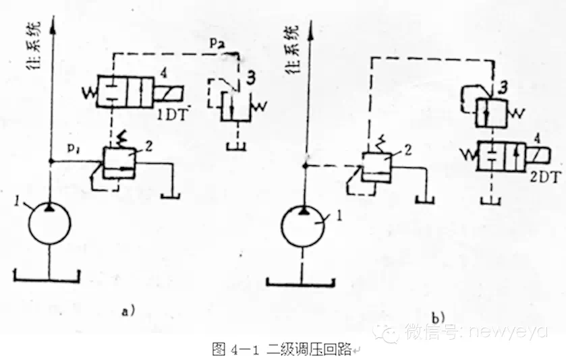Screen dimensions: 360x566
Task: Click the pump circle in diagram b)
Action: [x=304, y=229]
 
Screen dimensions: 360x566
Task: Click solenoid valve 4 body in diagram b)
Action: [x=502, y=156]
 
